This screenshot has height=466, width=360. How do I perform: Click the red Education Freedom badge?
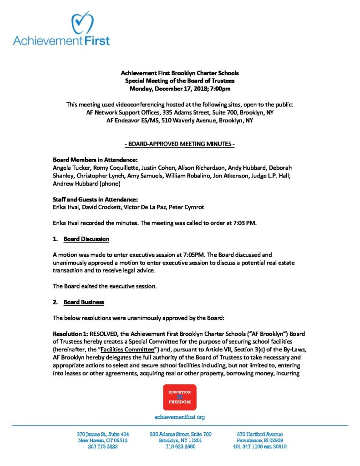180,397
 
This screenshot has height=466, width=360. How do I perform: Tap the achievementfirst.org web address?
180,417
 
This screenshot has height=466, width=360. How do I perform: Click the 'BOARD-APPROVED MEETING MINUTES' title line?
180,144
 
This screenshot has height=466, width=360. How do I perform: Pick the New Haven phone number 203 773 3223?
103,447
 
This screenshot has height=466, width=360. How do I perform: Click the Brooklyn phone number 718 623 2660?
180,447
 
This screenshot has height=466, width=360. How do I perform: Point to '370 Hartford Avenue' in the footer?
259,434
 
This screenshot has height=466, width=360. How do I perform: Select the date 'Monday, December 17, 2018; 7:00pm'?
180,88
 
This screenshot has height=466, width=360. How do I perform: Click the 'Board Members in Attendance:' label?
95,160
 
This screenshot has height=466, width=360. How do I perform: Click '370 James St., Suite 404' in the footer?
103,434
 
